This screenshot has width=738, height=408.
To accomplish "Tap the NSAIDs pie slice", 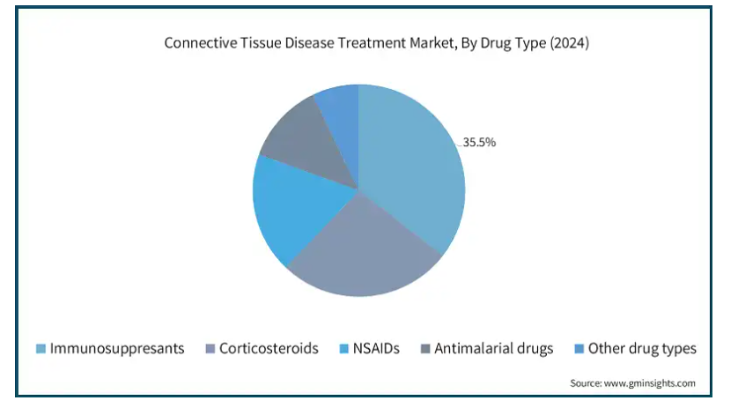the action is pyautogui.click(x=297, y=207).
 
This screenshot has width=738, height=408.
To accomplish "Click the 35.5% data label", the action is pyautogui.click(x=479, y=142).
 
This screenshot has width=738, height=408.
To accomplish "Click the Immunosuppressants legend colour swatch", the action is pyautogui.click(x=41, y=349).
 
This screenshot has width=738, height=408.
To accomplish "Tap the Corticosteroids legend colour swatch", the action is pyautogui.click(x=210, y=349).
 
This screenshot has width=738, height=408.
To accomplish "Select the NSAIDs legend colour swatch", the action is pyautogui.click(x=344, y=349).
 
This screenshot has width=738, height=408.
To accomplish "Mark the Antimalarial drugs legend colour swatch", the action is pyautogui.click(x=425, y=349).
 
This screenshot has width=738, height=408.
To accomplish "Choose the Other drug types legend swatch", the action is pyautogui.click(x=579, y=349).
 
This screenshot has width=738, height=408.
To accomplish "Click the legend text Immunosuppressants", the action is pyautogui.click(x=117, y=349).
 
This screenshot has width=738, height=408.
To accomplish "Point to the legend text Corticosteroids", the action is pyautogui.click(x=269, y=348).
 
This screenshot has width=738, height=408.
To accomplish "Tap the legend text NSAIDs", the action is pyautogui.click(x=376, y=348).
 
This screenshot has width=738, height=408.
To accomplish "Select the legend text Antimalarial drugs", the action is pyautogui.click(x=494, y=349).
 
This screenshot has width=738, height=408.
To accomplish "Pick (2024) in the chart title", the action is pyautogui.click(x=570, y=43).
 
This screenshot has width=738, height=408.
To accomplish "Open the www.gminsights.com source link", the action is pyautogui.click(x=650, y=383).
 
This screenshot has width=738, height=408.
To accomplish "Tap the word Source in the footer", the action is pyautogui.click(x=586, y=383).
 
